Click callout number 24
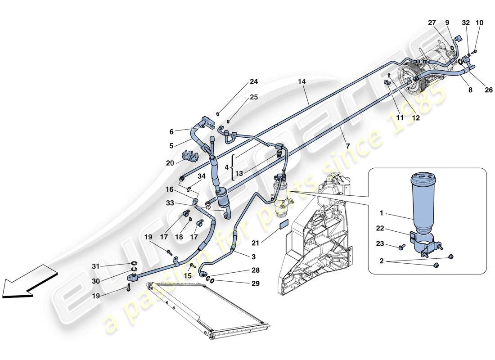254,82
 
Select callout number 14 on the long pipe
301,82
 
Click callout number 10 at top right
479,22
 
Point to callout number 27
432,22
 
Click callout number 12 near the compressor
416,118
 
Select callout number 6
171,132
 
